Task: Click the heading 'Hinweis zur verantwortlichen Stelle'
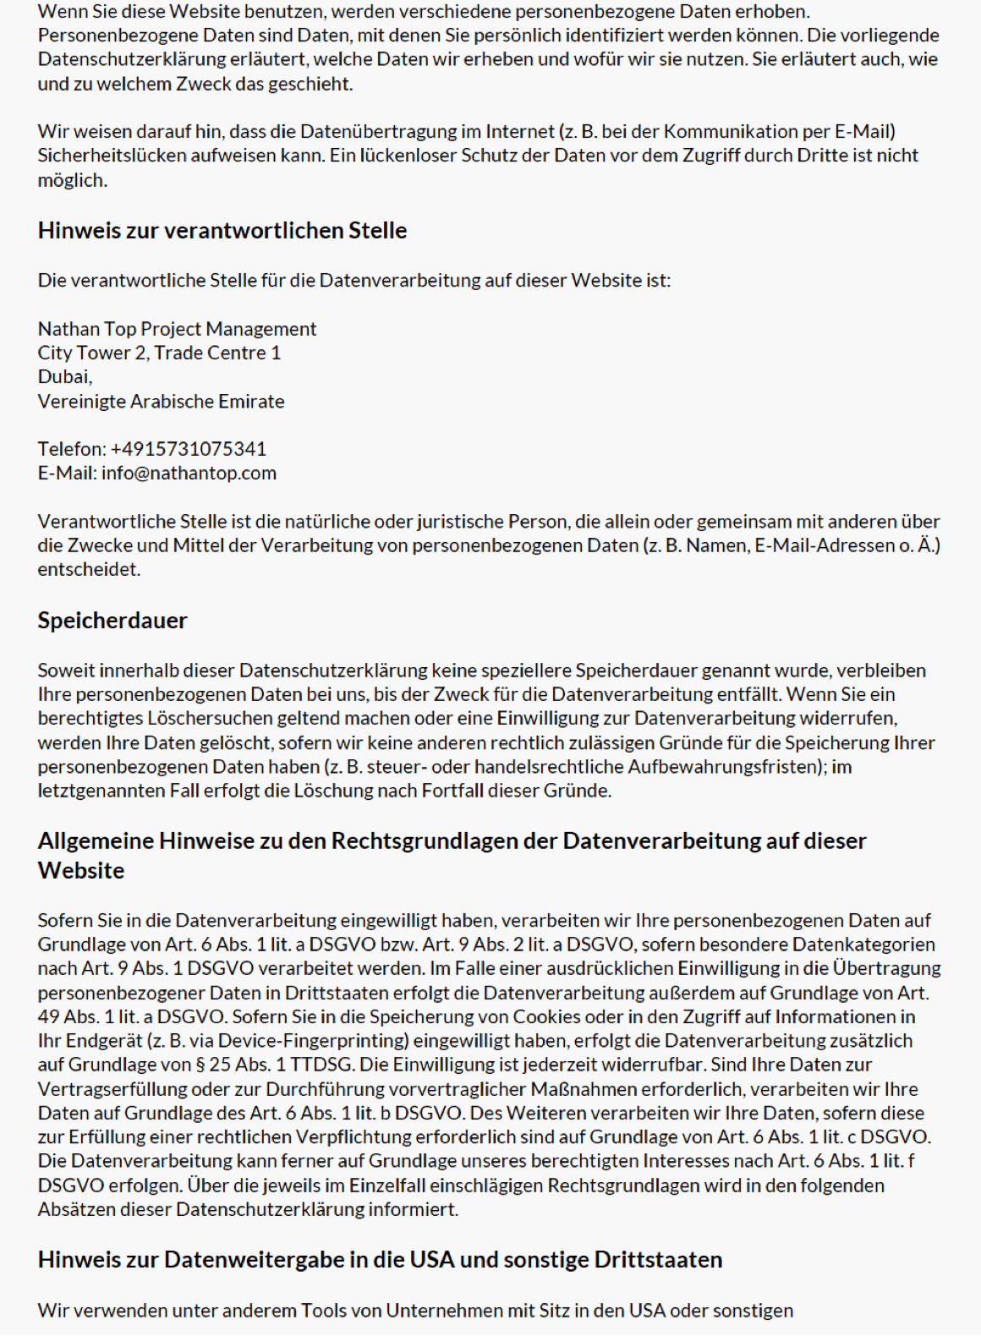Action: (222, 231)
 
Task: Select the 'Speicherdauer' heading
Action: (112, 621)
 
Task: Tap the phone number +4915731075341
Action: (188, 449)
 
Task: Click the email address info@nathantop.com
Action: (189, 473)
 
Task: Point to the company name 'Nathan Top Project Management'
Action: (177, 329)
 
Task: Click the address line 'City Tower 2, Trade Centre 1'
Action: (159, 353)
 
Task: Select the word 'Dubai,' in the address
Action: (65, 376)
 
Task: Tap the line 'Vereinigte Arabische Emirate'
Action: (161, 401)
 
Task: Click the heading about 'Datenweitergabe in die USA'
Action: (380, 1260)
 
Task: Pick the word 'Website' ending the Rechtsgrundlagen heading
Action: (81, 871)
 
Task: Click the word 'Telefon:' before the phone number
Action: (72, 449)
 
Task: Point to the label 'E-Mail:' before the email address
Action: (67, 473)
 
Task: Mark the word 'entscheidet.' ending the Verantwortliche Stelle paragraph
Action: (89, 569)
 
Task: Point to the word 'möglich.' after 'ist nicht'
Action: (72, 180)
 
